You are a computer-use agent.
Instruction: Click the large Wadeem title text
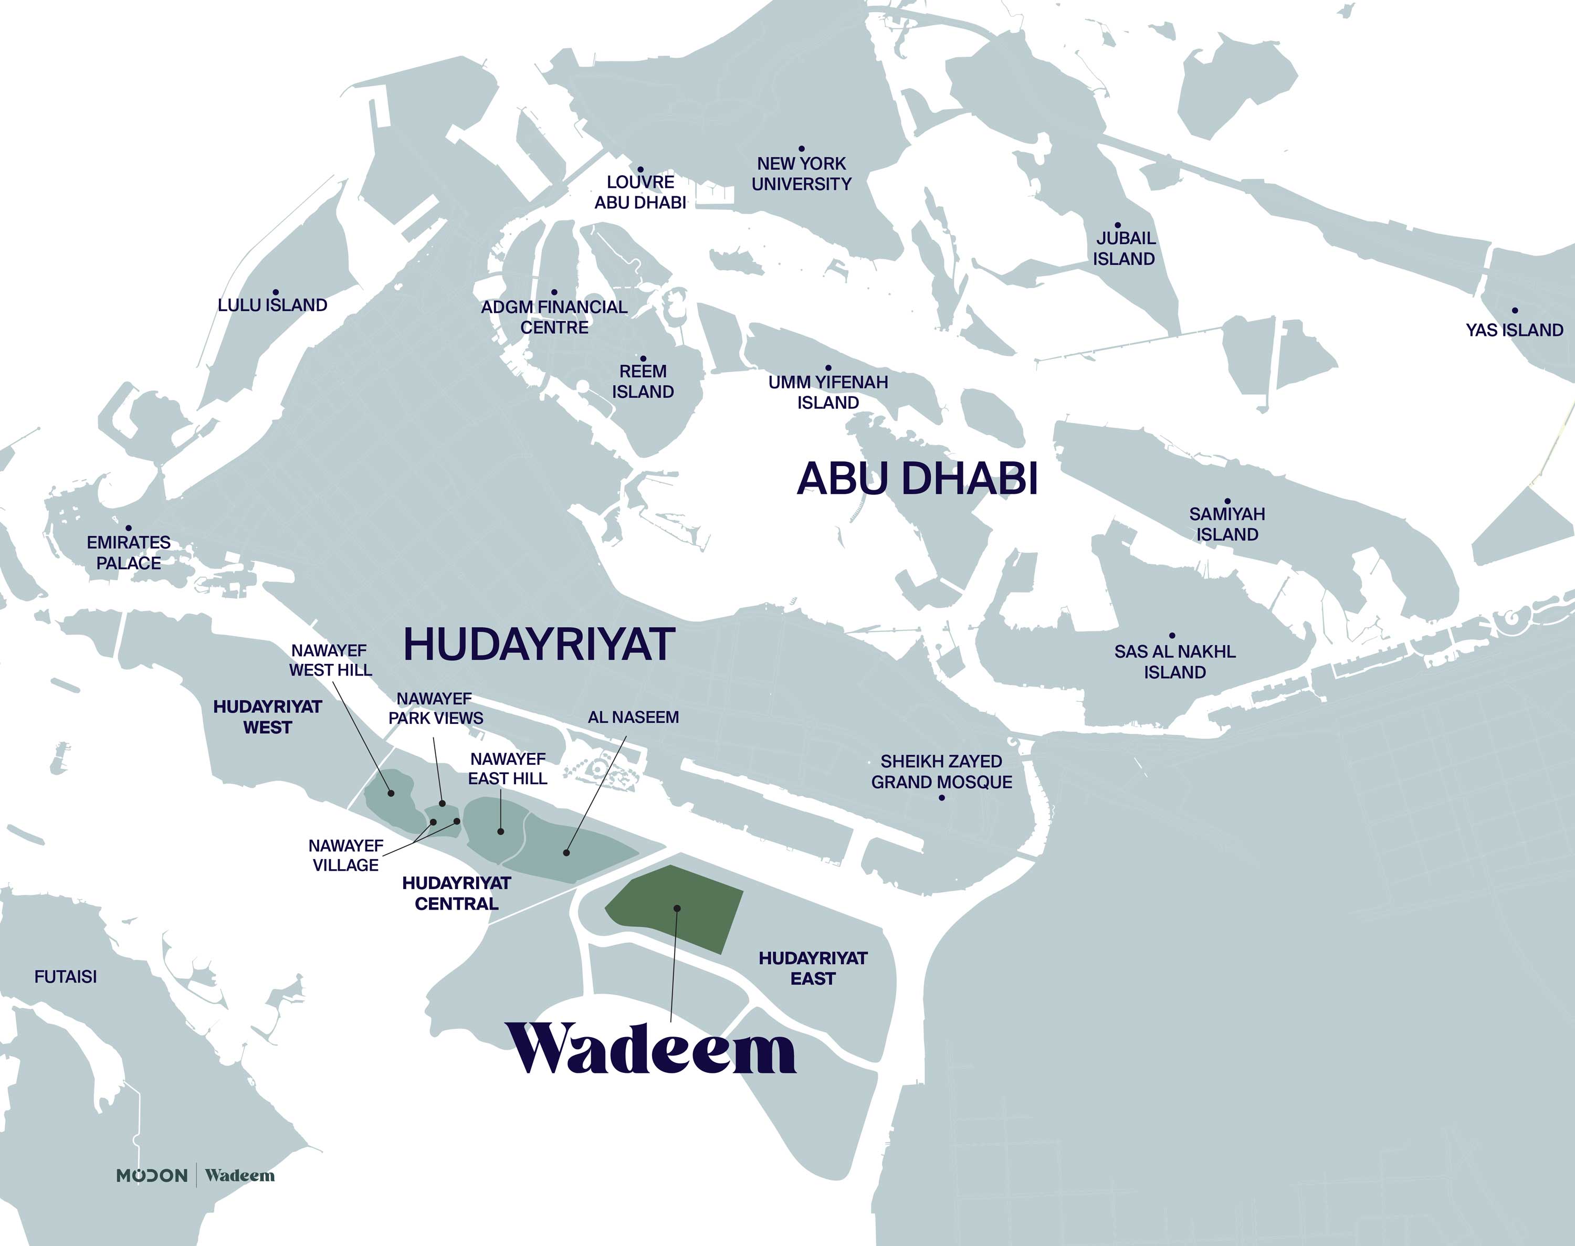click(652, 1049)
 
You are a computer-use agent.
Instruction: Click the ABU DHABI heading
click(917, 479)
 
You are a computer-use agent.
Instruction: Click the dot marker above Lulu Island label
click(276, 292)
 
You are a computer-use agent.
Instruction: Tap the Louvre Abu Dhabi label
click(640, 192)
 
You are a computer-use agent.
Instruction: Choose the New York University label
click(801, 174)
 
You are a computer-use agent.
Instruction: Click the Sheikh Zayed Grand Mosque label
click(941, 771)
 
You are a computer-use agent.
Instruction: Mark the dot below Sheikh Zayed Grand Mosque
click(941, 797)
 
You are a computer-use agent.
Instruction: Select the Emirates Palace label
click(129, 552)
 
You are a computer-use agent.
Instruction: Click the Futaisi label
click(66, 976)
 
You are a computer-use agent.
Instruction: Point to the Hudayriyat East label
click(813, 968)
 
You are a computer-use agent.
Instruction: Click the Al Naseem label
click(633, 717)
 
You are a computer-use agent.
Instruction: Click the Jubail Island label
click(1123, 248)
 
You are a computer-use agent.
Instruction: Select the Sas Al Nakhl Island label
click(1174, 662)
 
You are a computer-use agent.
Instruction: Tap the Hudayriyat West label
click(267, 716)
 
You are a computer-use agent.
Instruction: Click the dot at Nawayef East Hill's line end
click(500, 831)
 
